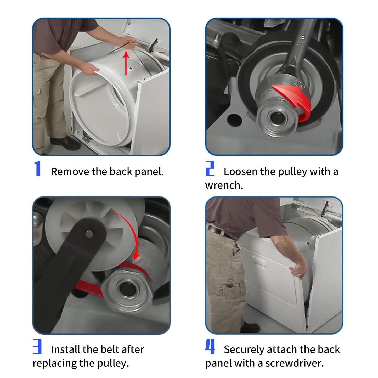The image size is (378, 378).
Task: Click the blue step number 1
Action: (x=37, y=168)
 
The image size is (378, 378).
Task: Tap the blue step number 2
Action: (x=210, y=168)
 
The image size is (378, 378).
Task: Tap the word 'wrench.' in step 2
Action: (x=224, y=185)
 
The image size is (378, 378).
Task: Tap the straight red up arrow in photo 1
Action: (x=126, y=63)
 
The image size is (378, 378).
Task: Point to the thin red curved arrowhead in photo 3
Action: (x=136, y=256)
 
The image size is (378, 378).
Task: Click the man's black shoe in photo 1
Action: (x=65, y=143)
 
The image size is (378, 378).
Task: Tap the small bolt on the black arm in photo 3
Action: (x=89, y=234)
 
